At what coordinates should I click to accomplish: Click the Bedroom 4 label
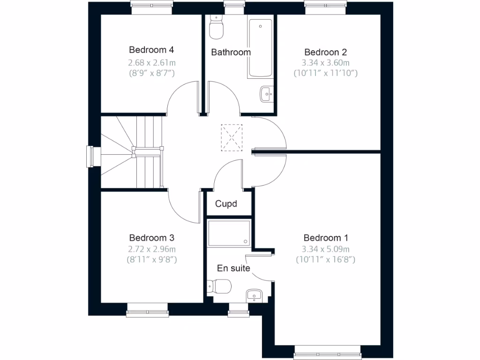click(x=152, y=50)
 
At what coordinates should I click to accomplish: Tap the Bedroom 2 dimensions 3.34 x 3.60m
click(x=326, y=63)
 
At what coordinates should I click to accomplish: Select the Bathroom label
click(x=231, y=52)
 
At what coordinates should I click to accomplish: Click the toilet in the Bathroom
click(x=216, y=29)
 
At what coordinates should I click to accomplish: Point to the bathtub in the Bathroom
click(x=260, y=48)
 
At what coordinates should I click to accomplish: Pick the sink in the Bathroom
click(x=266, y=94)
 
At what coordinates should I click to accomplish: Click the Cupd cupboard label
click(x=226, y=204)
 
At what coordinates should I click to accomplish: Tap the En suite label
click(x=233, y=269)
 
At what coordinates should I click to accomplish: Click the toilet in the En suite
click(x=220, y=285)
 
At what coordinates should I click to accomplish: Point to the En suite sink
click(x=254, y=295)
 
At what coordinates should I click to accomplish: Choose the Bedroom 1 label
click(x=326, y=238)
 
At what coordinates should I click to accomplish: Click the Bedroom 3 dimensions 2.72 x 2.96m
click(x=152, y=249)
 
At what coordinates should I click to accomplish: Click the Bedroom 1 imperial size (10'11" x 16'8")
click(x=326, y=259)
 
